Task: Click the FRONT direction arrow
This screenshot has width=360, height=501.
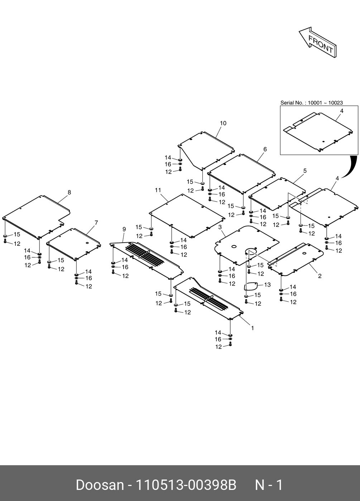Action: click(318, 42)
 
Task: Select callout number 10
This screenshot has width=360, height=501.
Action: click(223, 123)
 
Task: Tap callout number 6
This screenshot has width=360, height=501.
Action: click(265, 149)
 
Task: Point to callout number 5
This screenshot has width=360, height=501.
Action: click(305, 171)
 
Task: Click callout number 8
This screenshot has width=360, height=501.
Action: click(69, 193)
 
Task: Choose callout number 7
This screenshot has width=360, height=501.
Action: click(96, 223)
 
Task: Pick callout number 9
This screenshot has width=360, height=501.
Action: click(124, 229)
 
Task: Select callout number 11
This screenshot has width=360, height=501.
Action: click(158, 190)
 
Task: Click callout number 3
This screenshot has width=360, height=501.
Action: click(220, 227)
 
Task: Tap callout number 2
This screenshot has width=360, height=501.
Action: click(320, 276)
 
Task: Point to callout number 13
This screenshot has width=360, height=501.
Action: click(267, 285)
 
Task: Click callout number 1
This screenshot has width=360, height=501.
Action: click(253, 328)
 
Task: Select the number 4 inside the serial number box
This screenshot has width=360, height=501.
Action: click(342, 111)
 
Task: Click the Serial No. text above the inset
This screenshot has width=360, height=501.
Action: click(311, 103)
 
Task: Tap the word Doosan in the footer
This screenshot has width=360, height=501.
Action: click(100, 485)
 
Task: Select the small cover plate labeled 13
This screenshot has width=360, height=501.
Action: click(251, 286)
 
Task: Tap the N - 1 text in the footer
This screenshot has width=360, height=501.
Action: click(269, 485)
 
